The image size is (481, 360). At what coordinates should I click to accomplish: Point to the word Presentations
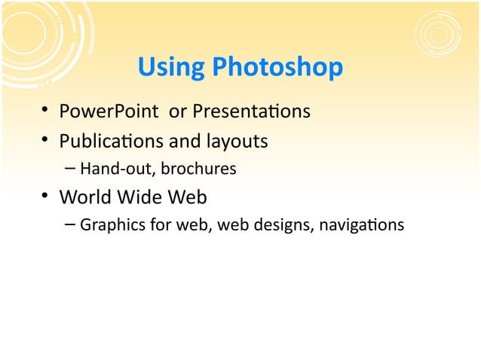tap(251, 113)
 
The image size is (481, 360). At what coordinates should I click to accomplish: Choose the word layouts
tap(231, 142)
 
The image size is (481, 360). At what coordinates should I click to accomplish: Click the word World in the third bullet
tap(84, 197)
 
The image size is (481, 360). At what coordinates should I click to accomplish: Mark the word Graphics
tap(108, 224)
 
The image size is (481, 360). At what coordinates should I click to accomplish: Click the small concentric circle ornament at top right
tap(438, 34)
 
